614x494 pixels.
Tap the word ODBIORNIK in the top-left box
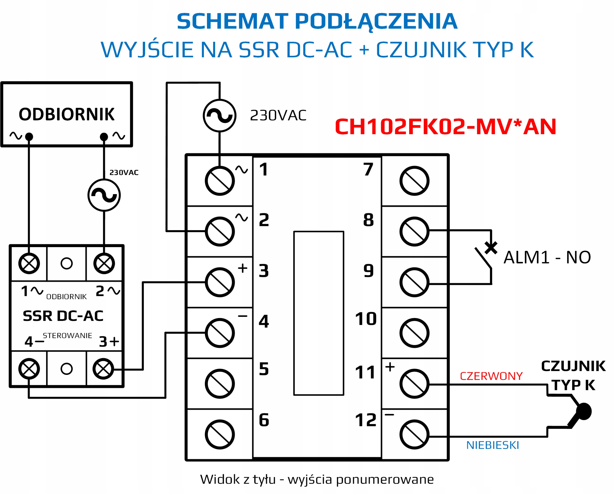pos(67,114)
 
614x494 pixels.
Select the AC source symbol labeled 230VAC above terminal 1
pos(219,116)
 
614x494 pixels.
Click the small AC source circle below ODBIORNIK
pos(104,195)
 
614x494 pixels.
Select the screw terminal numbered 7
pos(414,181)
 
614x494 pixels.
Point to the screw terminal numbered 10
pos(414,333)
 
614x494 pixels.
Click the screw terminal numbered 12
pos(414,435)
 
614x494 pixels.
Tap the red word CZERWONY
pos(491,376)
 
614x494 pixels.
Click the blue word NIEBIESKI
pos(493,445)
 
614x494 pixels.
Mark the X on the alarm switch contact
pos(491,248)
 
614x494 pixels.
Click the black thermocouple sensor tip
pos(584,412)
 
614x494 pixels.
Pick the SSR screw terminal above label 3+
pos(103,369)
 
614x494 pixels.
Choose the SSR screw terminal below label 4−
pos(29,369)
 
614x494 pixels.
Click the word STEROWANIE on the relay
pos(67,336)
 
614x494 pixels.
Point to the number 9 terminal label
pos(368,271)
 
